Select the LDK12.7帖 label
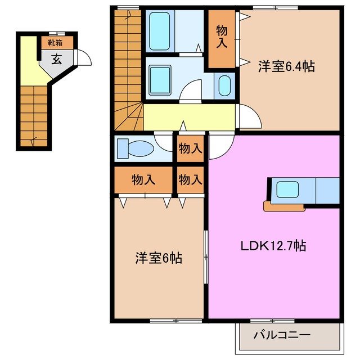[273, 245]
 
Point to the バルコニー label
[281, 335]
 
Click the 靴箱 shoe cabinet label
[55, 42]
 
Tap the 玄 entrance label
[57, 58]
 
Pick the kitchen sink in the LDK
[287, 190]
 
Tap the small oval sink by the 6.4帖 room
[224, 86]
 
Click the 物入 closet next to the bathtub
[222, 38]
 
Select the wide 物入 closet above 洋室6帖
[143, 180]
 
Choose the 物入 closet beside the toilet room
[190, 149]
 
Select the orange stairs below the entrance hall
[34, 115]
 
